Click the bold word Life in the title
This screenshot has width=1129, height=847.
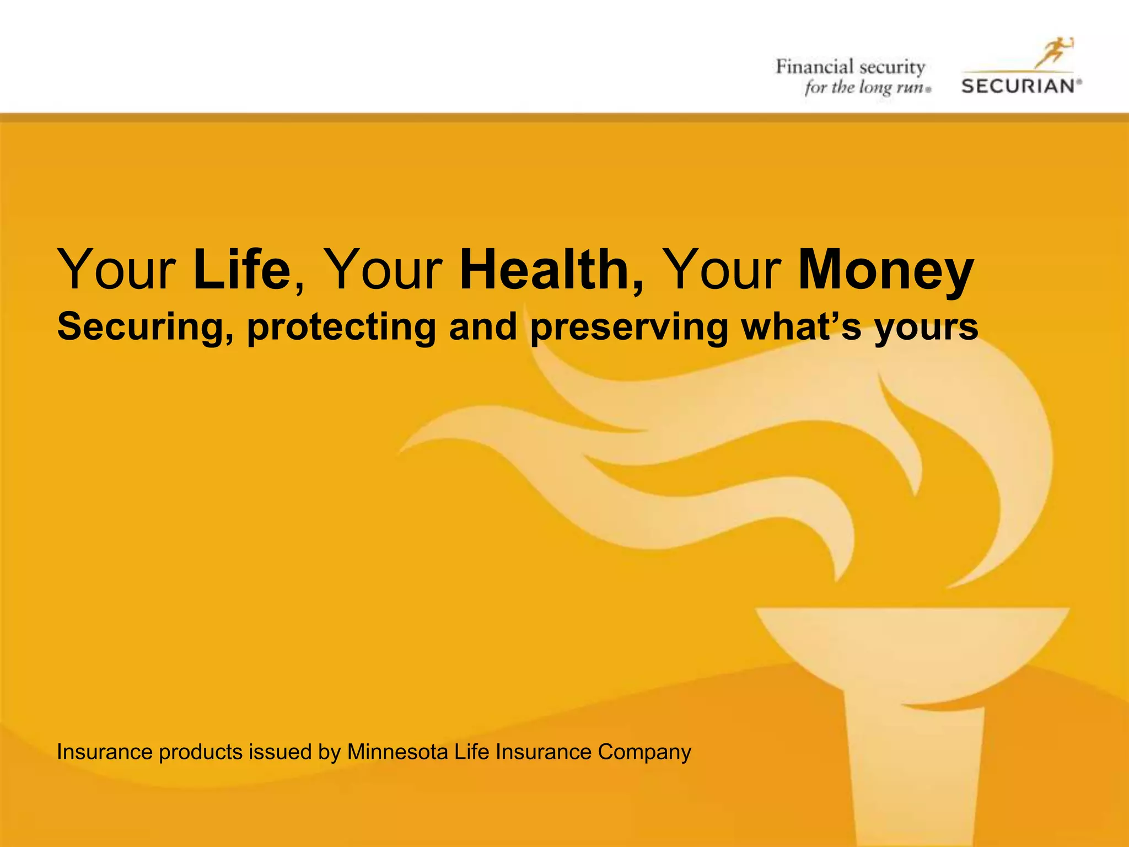click(x=241, y=270)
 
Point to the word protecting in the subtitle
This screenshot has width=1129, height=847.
click(x=341, y=327)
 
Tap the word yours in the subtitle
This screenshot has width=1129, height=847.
click(x=926, y=327)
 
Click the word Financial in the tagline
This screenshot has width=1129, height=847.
click(x=815, y=67)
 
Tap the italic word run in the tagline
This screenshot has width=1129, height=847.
click(x=908, y=87)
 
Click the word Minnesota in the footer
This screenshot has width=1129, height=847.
click(x=397, y=752)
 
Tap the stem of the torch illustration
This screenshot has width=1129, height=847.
click(x=915, y=772)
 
